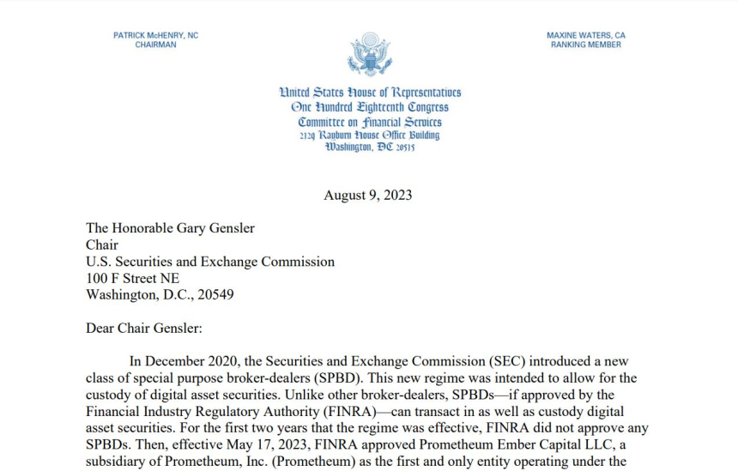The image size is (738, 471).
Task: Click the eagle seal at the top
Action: [x=369, y=54]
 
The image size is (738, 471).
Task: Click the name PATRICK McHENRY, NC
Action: [x=155, y=35]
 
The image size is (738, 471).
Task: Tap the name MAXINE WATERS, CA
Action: [x=586, y=35]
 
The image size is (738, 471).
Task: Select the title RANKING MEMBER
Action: [x=586, y=45]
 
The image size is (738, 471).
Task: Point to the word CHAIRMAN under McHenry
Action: [x=155, y=45]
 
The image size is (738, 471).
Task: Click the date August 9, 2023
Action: [x=368, y=195]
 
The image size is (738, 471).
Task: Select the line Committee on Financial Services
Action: [x=370, y=122]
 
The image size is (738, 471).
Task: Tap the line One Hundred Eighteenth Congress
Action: [x=370, y=107]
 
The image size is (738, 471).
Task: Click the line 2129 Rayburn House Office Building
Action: [x=370, y=135]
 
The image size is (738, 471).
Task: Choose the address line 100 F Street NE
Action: [x=133, y=278]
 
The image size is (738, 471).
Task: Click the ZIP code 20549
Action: [x=214, y=294]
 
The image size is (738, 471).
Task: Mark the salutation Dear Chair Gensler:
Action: [x=143, y=328]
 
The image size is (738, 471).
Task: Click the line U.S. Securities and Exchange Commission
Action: [x=210, y=262]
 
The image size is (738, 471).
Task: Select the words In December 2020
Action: [x=178, y=362]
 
